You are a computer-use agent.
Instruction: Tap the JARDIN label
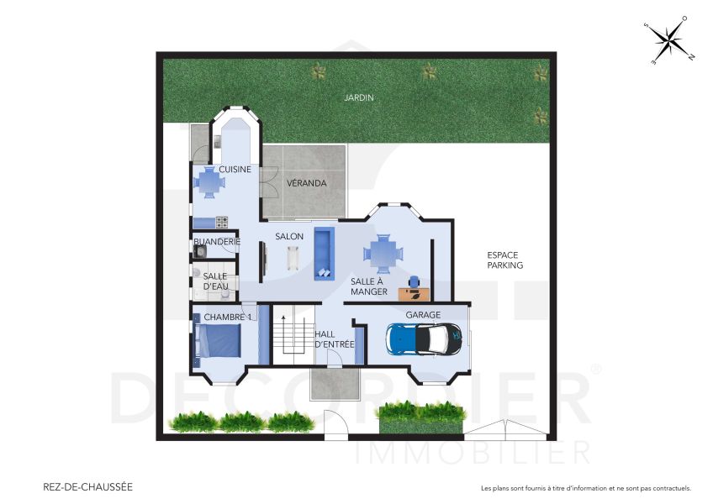[358, 97]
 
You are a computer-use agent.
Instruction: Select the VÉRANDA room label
[306, 183]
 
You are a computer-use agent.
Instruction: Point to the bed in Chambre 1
[219, 343]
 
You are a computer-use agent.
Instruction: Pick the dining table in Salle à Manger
[383, 253]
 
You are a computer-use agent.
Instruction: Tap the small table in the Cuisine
[210, 181]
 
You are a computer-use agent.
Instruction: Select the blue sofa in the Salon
[324, 253]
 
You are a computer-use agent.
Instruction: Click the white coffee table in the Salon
[294, 255]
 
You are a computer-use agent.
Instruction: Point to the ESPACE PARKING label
[504, 260]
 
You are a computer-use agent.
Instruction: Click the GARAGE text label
[423, 315]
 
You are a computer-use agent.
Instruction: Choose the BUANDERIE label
[217, 242]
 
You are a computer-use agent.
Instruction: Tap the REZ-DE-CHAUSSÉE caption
[87, 486]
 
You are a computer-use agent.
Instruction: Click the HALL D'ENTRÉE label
[335, 339]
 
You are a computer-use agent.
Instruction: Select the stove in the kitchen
[222, 223]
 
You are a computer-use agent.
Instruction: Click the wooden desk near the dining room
[414, 293]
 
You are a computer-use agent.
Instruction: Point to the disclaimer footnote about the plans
[585, 488]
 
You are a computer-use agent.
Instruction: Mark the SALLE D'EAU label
[216, 281]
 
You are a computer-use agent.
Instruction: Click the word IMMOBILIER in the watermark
[473, 452]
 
